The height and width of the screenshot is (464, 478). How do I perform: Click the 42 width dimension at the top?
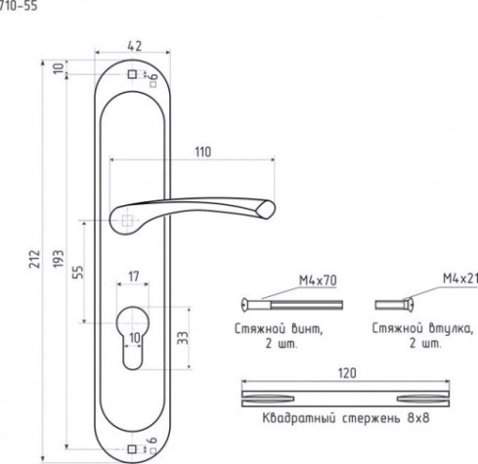tap(135, 46)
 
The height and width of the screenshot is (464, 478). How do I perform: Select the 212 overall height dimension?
tap(35, 259)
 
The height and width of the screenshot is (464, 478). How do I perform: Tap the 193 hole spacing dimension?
tap(59, 259)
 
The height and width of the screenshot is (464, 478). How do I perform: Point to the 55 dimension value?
tap(78, 273)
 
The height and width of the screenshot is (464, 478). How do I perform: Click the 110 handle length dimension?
tap(203, 152)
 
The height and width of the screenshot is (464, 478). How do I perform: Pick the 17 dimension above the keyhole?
tap(134, 276)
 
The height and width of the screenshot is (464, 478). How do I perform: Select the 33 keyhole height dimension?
tap(183, 338)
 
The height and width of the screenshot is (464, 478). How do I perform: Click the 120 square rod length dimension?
tap(347, 373)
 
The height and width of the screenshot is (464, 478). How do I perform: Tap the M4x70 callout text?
tap(318, 280)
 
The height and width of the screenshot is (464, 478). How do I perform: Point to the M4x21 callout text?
tap(460, 278)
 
